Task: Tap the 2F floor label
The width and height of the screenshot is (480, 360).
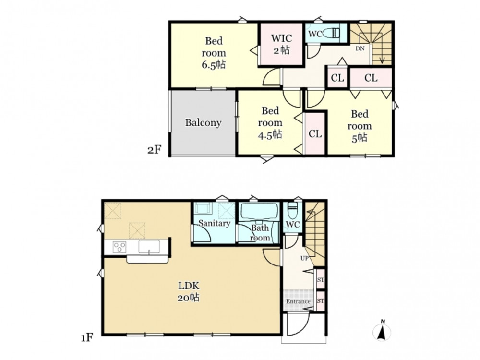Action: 154,150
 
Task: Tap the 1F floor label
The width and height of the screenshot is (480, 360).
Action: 87,338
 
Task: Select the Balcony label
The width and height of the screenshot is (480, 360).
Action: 203,123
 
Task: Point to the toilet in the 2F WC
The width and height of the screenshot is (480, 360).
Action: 332,33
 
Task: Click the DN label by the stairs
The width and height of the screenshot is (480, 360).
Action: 360,48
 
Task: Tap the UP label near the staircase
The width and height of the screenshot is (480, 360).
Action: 304,258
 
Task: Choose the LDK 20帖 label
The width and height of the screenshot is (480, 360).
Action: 189,291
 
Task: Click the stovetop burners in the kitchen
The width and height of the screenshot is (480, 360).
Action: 120,247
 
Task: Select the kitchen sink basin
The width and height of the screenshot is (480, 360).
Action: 149,247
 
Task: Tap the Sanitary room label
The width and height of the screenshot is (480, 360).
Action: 214,223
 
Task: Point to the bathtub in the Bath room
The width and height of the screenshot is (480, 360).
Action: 259,211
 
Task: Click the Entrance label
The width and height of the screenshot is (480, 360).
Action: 298,301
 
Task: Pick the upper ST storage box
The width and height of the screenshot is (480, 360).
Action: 320,279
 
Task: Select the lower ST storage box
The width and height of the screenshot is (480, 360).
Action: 320,301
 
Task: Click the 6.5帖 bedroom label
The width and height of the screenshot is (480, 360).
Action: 214,53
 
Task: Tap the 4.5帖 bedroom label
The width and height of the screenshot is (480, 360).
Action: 270,123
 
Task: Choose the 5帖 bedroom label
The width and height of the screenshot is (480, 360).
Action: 360,126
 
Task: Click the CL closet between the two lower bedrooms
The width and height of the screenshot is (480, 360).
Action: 315,134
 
